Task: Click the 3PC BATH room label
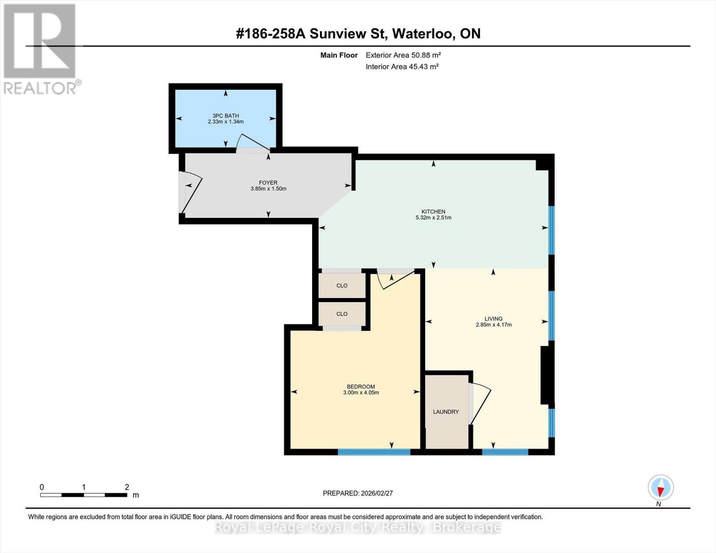(x=226, y=116)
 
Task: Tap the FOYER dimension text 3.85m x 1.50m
(x=268, y=189)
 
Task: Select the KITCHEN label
(x=433, y=212)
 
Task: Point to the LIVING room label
(x=493, y=318)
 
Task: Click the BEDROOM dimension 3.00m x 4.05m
(x=361, y=393)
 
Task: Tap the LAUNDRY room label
(x=446, y=412)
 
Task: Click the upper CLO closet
(x=342, y=286)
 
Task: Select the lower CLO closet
(x=342, y=314)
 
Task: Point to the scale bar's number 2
(x=127, y=487)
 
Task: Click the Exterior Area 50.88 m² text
(x=403, y=55)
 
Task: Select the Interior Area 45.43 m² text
(x=402, y=66)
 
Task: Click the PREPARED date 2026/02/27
(x=377, y=493)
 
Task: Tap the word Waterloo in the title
(x=421, y=34)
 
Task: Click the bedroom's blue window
(x=374, y=452)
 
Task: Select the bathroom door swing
(x=253, y=142)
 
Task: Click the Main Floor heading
(x=339, y=55)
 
